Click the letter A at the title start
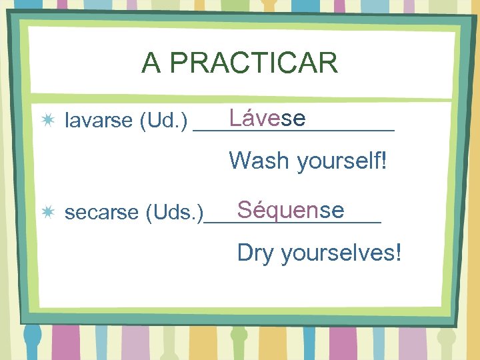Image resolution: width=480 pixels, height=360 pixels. tap(151, 63)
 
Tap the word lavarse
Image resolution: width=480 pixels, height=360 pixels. tap(99, 121)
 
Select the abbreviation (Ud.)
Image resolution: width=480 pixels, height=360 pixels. tap(163, 121)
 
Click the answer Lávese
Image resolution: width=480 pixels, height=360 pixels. tap(267, 119)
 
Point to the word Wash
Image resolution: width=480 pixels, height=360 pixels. tap(259, 161)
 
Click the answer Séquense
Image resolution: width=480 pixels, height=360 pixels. tap(290, 210)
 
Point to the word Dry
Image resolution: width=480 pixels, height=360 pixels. tap(255, 253)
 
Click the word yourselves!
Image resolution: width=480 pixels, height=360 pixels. tap(341, 253)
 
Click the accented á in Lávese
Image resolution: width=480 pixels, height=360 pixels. tap(247, 119)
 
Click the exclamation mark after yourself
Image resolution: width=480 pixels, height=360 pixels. tap(383, 161)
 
